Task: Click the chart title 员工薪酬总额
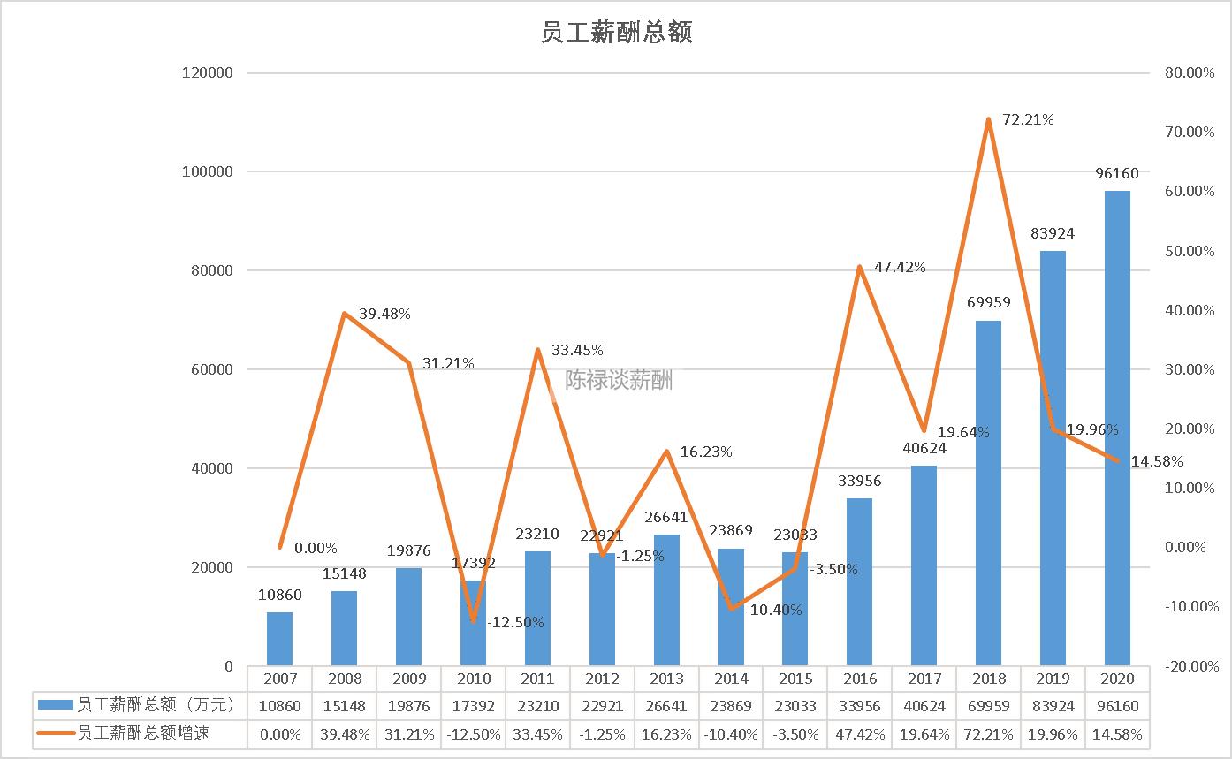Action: (x=616, y=33)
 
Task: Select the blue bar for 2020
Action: (x=1116, y=429)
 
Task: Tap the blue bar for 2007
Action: (x=279, y=639)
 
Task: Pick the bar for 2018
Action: (x=988, y=493)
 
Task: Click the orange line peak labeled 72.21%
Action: (x=989, y=119)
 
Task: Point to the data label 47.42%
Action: (x=900, y=267)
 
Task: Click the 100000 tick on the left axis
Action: (x=207, y=171)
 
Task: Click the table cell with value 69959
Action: (x=988, y=706)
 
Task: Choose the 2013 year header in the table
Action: (x=666, y=679)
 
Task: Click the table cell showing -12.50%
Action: (x=473, y=733)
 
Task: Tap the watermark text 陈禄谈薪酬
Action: (x=619, y=380)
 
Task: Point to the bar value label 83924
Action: (x=1053, y=234)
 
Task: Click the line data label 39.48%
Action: (x=384, y=315)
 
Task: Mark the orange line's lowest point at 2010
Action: (x=473, y=620)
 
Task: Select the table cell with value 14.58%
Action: (x=1117, y=733)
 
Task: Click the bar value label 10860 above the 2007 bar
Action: (x=279, y=595)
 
